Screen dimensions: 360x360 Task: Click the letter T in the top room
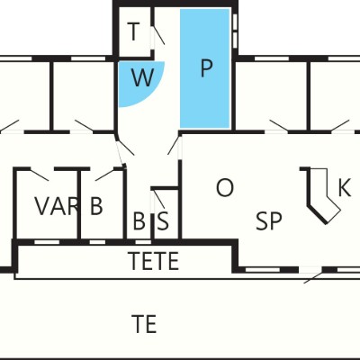click(134, 31)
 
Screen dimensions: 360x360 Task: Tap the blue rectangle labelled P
click(205, 68)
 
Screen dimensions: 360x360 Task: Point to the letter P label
click(206, 68)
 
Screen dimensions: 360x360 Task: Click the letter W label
click(143, 78)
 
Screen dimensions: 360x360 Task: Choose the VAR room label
click(57, 206)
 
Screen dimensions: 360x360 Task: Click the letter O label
click(225, 187)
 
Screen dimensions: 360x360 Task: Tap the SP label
click(269, 221)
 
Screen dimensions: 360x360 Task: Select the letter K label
click(345, 187)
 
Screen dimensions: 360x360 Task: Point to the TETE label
click(153, 261)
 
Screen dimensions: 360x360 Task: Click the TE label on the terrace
click(144, 324)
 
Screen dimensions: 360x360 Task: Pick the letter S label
click(163, 221)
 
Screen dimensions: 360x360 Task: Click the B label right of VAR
click(96, 206)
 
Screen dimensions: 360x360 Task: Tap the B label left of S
click(139, 221)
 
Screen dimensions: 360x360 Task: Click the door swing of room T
click(159, 35)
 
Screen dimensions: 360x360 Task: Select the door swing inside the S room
click(159, 199)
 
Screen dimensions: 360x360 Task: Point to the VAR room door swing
click(40, 175)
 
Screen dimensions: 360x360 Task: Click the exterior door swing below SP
click(313, 277)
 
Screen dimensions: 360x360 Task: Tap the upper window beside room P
click(235, 22)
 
